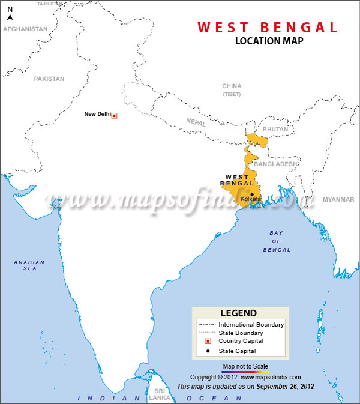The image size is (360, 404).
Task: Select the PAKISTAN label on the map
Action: coord(49,79)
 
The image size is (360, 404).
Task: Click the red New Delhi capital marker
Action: coord(115,115)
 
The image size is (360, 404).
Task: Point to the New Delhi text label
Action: coord(97,114)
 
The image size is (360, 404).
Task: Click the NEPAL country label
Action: coord(196,121)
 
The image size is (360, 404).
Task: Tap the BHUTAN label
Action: coord(275,129)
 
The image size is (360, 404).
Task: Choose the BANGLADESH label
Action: coord(275,164)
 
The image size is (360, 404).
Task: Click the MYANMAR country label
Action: coord(338,199)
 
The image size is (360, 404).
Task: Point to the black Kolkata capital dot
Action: coord(251,194)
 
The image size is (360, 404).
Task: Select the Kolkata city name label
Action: coord(250,199)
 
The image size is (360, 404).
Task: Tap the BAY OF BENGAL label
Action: coord(280,241)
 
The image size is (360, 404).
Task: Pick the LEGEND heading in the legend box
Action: coord(239,313)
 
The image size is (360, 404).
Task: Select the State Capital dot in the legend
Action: coord(207,351)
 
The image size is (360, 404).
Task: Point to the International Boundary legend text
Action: coord(251,325)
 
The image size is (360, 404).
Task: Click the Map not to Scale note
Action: coord(245,366)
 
